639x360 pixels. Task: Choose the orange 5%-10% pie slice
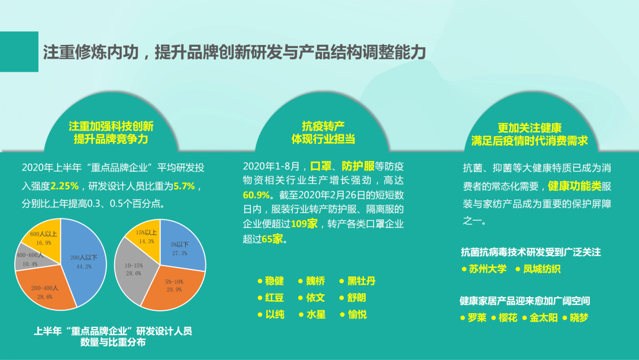point(175,285)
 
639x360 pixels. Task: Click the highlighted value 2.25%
point(64,186)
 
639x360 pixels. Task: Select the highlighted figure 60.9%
point(256,195)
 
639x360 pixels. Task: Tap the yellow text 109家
point(305,224)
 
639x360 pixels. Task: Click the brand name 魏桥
point(315,281)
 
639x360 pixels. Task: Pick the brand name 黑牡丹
point(361,281)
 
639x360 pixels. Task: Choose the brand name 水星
point(316,314)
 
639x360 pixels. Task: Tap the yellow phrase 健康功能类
point(575,186)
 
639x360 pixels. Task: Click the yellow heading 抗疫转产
point(323,126)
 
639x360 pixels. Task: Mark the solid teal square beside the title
point(19,52)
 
